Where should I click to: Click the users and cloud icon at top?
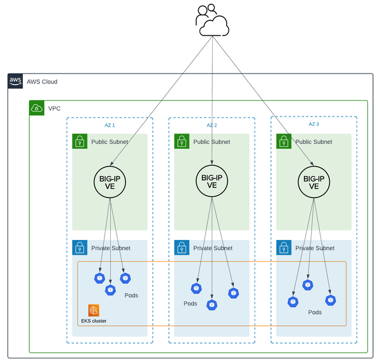212,20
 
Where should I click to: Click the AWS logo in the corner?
15,81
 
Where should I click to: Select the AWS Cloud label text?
42,82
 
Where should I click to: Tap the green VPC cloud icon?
37,108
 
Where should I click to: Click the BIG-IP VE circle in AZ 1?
110,181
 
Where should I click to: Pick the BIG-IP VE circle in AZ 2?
212,181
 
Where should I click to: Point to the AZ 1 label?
110,125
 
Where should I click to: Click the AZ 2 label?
212,125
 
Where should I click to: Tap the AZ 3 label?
313,125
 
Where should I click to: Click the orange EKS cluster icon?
94,310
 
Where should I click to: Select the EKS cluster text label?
94,321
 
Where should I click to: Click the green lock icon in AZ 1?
80,141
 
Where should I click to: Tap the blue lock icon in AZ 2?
182,248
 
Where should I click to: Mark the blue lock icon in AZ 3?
284,248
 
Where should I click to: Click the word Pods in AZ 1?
131,295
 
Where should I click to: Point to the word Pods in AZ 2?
190,303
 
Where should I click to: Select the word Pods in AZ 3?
315,312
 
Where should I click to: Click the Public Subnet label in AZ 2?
211,142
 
